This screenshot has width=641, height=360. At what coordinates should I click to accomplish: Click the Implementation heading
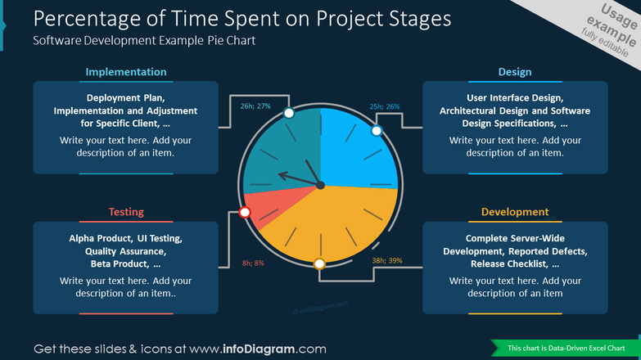125,72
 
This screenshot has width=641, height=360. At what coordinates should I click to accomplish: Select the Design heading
514,72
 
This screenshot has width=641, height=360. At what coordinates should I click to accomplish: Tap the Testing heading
126,213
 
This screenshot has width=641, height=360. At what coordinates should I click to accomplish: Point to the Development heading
515,213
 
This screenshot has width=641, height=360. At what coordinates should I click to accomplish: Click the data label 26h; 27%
255,106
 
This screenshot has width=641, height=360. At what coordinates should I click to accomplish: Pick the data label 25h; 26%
385,106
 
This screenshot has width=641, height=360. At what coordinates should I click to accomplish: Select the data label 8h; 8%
253,263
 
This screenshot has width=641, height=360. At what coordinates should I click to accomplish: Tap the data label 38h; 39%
386,261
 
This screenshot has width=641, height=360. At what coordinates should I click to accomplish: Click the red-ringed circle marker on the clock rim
245,213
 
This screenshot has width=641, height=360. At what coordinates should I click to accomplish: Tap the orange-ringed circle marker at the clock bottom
320,263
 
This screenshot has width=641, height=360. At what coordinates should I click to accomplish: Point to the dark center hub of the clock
320,185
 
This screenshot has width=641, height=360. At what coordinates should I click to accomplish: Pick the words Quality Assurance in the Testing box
126,252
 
